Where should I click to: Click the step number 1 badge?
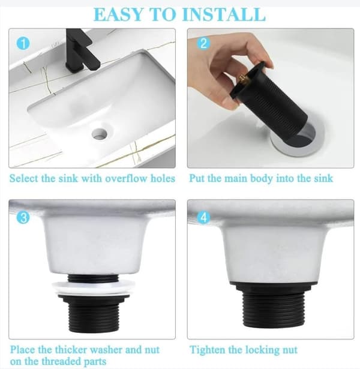(x=23, y=43)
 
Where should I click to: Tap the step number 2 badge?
(x=203, y=43)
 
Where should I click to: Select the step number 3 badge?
(x=23, y=217)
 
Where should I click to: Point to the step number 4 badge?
(x=203, y=217)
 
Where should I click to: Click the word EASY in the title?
(x=119, y=14)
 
